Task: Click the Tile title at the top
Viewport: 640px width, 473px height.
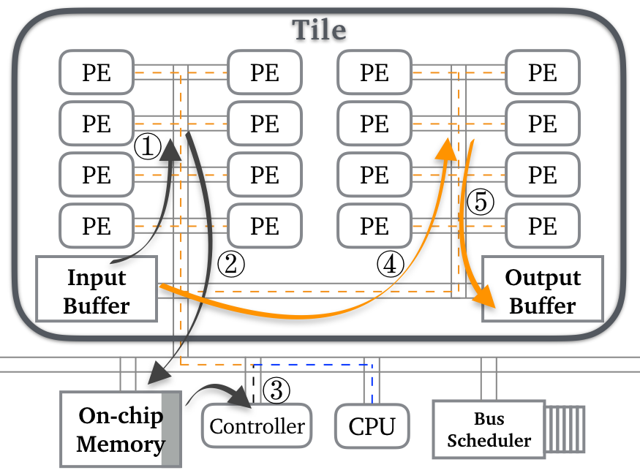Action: click(x=319, y=29)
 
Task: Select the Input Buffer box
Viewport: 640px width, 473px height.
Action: click(x=97, y=290)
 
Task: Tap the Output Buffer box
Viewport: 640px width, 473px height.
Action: click(x=543, y=290)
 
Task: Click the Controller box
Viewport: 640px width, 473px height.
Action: click(x=257, y=426)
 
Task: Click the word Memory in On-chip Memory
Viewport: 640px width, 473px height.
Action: click(x=121, y=444)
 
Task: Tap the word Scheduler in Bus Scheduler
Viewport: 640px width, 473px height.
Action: click(x=489, y=441)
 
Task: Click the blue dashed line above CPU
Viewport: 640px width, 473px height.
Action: click(x=315, y=363)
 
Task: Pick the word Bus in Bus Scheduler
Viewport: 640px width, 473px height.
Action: click(x=489, y=420)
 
